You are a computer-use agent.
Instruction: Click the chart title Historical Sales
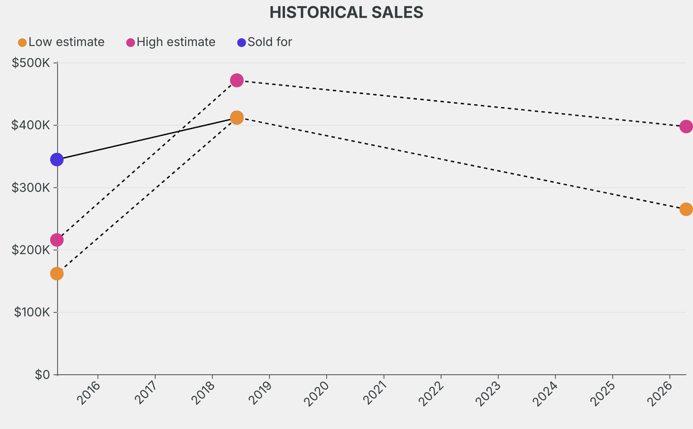tap(346, 12)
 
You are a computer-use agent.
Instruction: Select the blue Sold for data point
tap(57, 160)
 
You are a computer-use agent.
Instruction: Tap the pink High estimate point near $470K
tap(237, 81)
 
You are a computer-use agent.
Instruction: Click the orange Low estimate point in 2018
tap(237, 118)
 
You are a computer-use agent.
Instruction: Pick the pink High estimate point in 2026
tap(686, 127)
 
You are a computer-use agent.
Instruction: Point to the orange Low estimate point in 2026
tap(686, 209)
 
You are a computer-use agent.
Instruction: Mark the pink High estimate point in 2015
tap(57, 240)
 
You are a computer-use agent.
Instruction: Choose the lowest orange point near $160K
tap(57, 273)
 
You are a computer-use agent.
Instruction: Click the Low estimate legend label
tap(66, 42)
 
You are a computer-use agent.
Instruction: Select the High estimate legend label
tap(176, 42)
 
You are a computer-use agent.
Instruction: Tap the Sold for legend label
tap(269, 42)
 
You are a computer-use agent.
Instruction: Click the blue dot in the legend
tap(241, 43)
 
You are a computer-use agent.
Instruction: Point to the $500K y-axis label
tap(31, 63)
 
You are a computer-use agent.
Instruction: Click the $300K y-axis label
tap(31, 187)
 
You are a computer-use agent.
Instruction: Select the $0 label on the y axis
tap(42, 374)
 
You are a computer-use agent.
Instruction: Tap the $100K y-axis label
tap(31, 312)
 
